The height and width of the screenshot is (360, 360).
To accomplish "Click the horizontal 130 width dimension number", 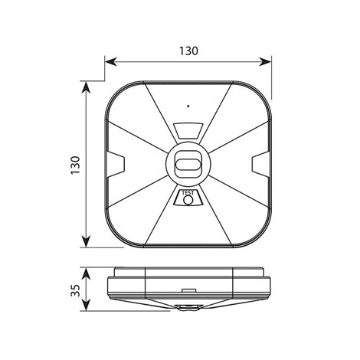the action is pos(188,51).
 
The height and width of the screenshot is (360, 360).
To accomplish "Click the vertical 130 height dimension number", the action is pos(76,165).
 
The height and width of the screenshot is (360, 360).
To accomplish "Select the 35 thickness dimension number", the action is pos(76,290).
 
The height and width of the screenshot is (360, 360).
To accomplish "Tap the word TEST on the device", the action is pos(188,193).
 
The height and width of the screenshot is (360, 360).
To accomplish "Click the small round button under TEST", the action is pos(188,201).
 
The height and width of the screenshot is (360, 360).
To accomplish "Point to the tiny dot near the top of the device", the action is pos(188,106).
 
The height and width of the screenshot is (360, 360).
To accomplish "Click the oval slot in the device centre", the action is pos(188,163).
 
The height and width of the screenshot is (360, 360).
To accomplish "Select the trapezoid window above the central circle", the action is pos(188,131).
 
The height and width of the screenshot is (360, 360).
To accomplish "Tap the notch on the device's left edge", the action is pos(116,164).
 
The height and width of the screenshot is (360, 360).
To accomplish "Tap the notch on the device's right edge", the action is pos(260,164).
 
